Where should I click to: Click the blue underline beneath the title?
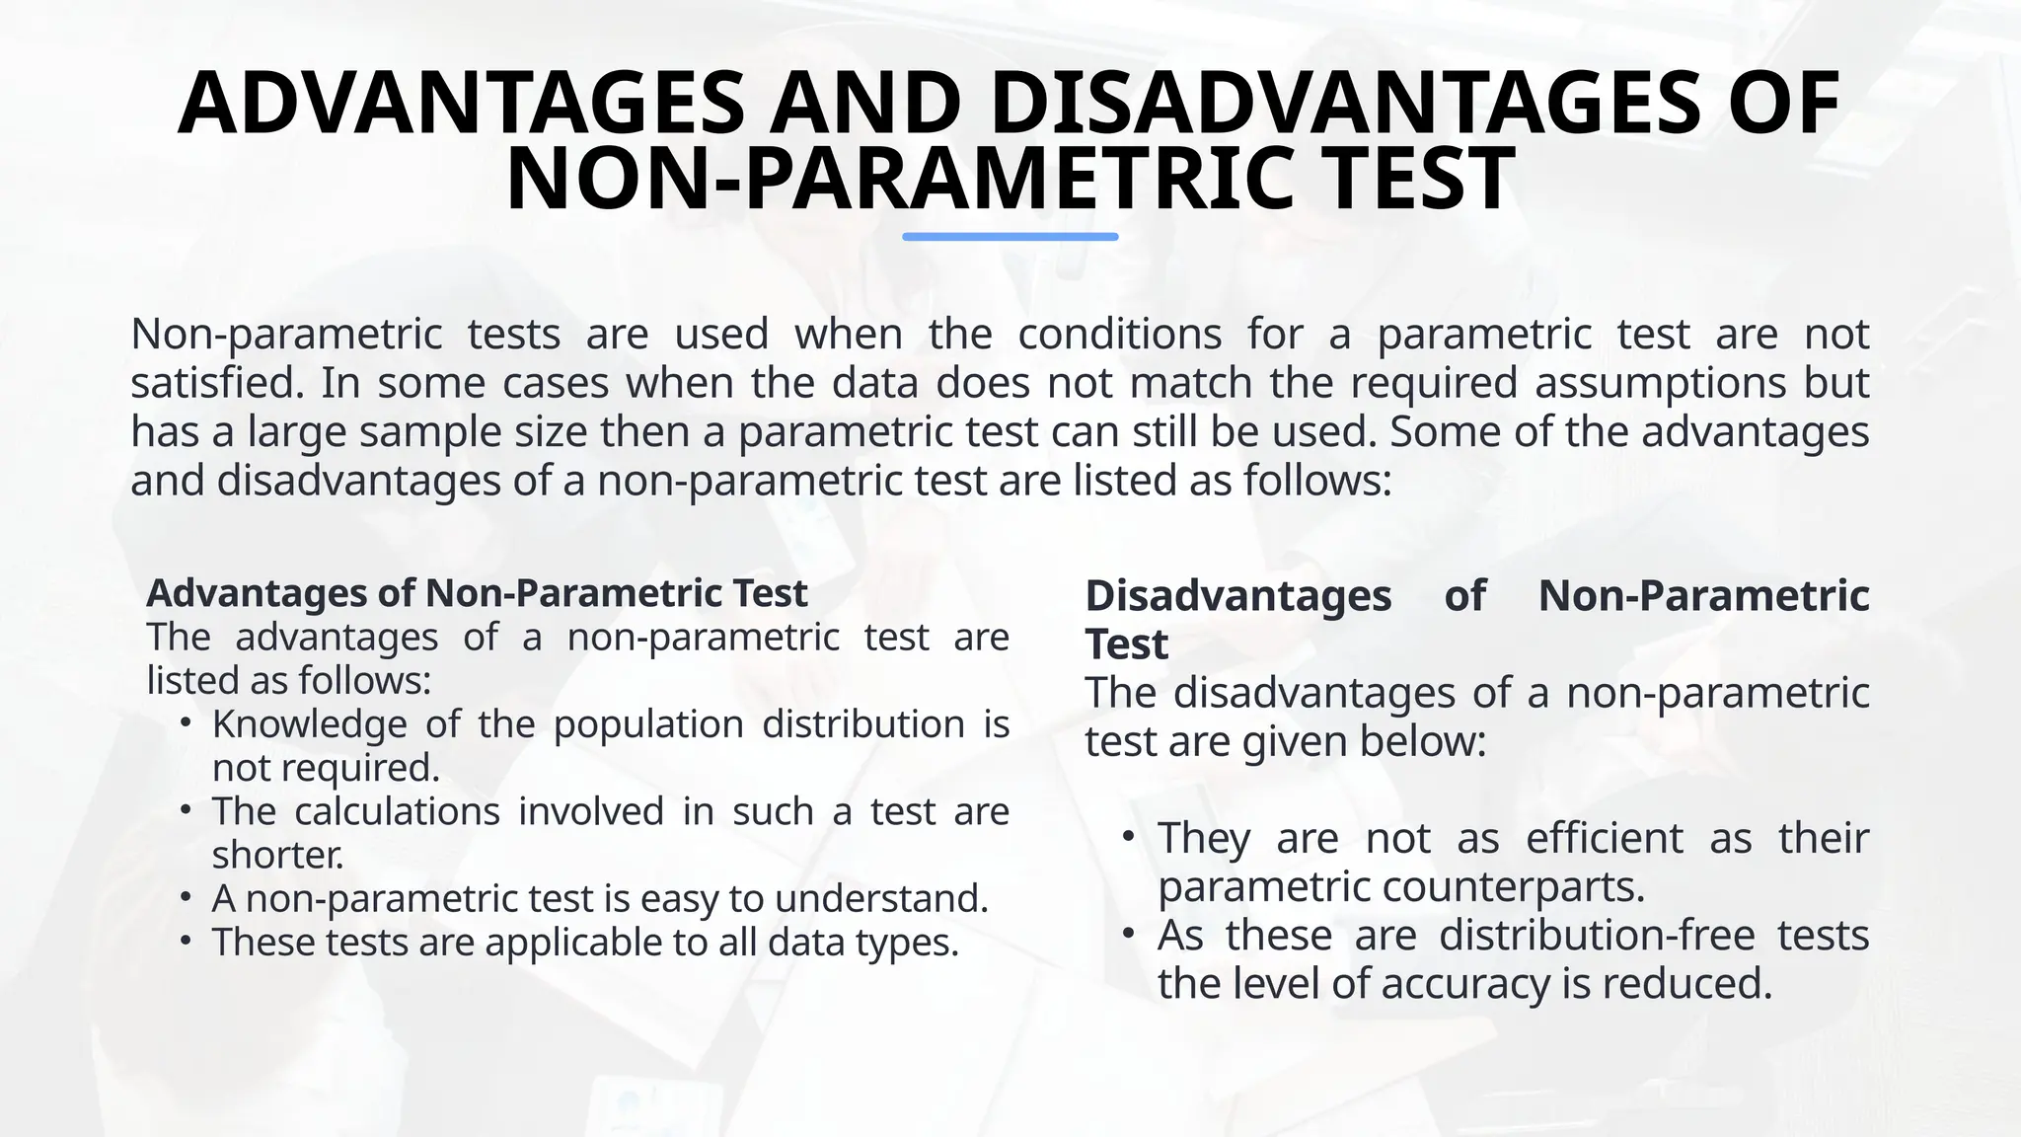1010,237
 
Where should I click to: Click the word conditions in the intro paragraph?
1119,335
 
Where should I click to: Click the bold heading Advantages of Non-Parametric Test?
477,593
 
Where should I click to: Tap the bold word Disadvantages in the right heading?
1238,596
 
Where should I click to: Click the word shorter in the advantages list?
277,855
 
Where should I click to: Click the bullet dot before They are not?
1129,837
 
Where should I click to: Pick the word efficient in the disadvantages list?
1605,838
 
